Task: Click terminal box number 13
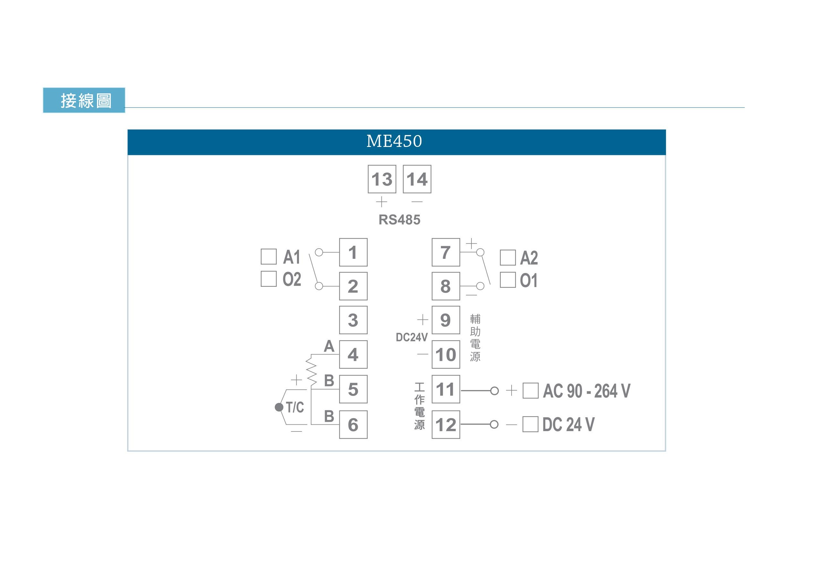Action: click(382, 179)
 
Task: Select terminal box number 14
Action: click(417, 179)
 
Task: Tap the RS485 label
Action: click(399, 220)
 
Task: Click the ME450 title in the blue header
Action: click(394, 141)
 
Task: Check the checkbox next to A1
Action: click(268, 256)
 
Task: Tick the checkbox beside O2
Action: click(268, 278)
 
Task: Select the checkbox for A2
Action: click(508, 258)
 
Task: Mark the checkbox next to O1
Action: click(508, 280)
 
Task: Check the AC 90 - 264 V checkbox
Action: click(531, 390)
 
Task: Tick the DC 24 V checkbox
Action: click(531, 424)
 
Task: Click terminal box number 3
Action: click(353, 320)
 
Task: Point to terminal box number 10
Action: click(446, 354)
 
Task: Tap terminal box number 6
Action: click(353, 424)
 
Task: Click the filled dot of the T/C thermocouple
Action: click(279, 407)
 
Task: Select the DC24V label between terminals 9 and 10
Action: click(411, 337)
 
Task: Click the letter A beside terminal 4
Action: click(329, 346)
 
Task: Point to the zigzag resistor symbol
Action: click(311, 372)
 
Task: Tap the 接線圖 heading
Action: click(86, 100)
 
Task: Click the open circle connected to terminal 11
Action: click(494, 391)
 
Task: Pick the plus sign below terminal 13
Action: click(382, 202)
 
